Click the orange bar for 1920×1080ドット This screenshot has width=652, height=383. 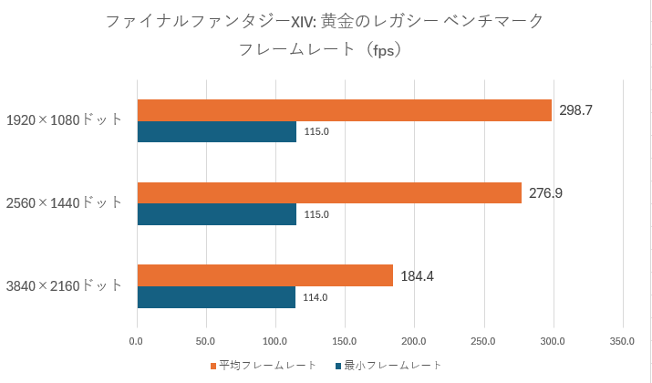coord(344,110)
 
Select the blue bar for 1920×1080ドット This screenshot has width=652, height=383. coord(216,132)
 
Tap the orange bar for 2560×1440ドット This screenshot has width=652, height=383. coord(329,192)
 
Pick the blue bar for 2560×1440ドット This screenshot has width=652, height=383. coord(216,214)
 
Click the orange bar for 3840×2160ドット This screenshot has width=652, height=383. coord(264,275)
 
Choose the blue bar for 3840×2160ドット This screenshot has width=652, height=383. coord(216,297)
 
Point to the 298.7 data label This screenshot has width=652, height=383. coord(576,110)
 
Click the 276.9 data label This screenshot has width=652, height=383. coord(546,193)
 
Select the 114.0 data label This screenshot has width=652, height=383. coord(315,297)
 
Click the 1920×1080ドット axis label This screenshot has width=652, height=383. coord(64,120)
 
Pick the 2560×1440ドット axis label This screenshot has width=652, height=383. coord(64,202)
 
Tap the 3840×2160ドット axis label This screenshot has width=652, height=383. coord(64,285)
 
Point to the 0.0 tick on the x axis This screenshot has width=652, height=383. coord(137,342)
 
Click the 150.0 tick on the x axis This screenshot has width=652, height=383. coord(345,342)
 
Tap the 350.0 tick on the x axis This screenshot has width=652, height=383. coord(622,342)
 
